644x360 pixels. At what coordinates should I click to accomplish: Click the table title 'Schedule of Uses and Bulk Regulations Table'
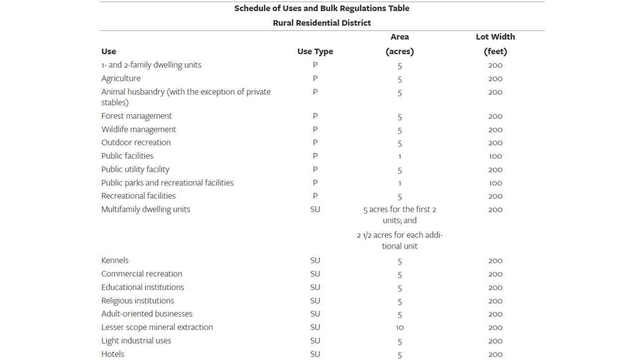tap(322, 8)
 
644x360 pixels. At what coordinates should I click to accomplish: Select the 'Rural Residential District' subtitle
tap(322, 23)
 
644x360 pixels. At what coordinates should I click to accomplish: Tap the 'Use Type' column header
tap(315, 51)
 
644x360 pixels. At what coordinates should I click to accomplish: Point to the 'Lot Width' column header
tap(495, 37)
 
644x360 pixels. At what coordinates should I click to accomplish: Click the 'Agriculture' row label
tap(121, 79)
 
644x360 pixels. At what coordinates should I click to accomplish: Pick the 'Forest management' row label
tap(136, 116)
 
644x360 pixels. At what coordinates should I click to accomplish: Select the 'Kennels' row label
tap(115, 261)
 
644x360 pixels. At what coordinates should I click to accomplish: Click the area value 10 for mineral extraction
tap(399, 328)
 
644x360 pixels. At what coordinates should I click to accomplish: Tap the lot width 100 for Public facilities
tap(495, 156)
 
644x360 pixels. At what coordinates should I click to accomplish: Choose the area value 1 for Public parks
tap(399, 183)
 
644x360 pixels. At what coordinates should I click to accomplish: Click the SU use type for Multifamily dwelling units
tap(315, 209)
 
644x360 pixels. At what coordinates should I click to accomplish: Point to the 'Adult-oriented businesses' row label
tap(147, 314)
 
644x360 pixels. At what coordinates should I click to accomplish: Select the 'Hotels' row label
tap(113, 354)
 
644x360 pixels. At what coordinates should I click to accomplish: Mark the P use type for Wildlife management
tap(315, 129)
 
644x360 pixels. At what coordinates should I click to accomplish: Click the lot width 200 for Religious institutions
tap(495, 301)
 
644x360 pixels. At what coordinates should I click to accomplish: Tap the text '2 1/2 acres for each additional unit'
tap(399, 240)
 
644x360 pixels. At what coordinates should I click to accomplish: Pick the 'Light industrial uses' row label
tap(136, 341)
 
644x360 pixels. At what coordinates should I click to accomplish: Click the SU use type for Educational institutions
tap(315, 287)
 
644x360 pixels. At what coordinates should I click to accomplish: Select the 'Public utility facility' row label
tap(135, 170)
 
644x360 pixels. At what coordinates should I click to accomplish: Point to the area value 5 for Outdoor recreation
tap(399, 143)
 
